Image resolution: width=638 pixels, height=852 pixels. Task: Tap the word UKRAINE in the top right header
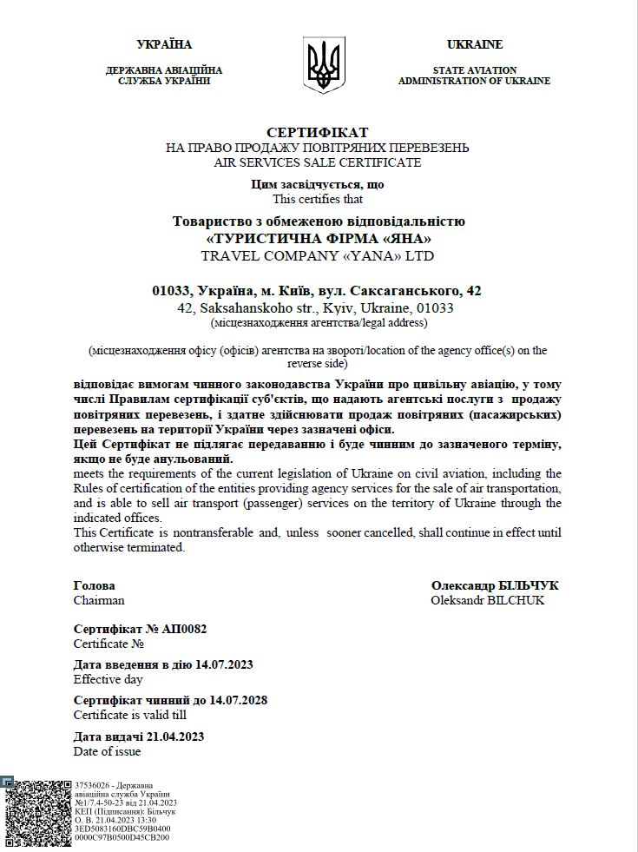474,44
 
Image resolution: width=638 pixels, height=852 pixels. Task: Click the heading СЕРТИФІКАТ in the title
318,132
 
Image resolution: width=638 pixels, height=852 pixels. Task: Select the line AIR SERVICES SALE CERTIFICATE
318,162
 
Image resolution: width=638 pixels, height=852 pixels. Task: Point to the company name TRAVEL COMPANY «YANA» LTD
318,255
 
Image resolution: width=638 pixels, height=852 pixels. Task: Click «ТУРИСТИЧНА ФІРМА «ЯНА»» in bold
319,238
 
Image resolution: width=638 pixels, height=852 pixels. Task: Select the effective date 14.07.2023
225,664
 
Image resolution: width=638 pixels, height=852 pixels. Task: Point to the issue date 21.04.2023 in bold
176,736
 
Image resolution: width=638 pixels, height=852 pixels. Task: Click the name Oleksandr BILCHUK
488,600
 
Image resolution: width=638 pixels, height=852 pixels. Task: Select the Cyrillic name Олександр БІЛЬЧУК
495,585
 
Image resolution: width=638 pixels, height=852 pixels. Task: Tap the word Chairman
99,600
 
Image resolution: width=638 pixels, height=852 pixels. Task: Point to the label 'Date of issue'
107,751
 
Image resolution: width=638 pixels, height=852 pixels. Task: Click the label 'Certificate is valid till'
130,715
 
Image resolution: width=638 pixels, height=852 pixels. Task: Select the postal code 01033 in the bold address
169,290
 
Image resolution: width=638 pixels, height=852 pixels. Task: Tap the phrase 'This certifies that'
318,199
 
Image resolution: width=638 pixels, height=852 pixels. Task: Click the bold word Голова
94,585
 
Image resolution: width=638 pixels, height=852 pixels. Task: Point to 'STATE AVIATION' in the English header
474,70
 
